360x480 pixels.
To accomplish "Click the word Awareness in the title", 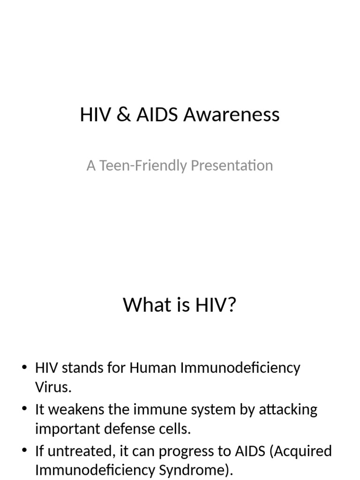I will point(232,115).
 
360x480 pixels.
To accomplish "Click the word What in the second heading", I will point(144,305).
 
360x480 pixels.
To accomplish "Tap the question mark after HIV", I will point(231,305).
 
